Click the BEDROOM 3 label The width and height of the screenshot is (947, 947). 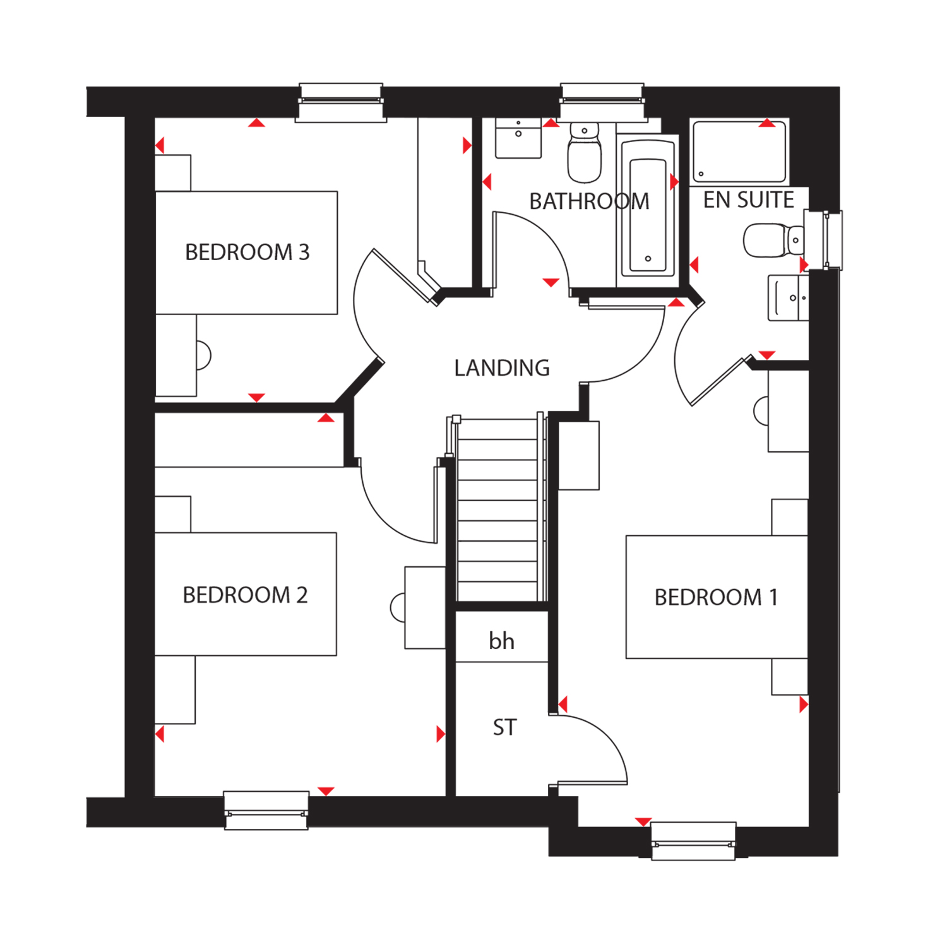click(247, 253)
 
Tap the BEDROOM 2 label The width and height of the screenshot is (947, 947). click(245, 595)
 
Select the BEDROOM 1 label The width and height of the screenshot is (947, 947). click(716, 597)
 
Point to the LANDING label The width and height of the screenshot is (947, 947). click(502, 368)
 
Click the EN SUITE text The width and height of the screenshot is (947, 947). click(749, 200)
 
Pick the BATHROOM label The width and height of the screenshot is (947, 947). click(589, 201)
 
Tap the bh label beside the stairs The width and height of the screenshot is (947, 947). click(501, 641)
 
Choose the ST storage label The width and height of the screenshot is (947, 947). click(504, 727)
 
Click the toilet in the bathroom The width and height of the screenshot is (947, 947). click(585, 152)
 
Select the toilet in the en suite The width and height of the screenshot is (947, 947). click(774, 240)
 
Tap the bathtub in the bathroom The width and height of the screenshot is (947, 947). click(648, 209)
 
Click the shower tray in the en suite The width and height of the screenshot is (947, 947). click(739, 152)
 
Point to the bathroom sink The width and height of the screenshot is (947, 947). click(518, 138)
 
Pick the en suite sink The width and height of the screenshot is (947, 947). click(788, 298)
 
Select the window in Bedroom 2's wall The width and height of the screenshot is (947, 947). click(266, 811)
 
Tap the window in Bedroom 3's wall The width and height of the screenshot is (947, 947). click(341, 102)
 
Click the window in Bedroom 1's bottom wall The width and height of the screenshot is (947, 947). click(693, 841)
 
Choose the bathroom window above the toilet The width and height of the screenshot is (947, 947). click(603, 102)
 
